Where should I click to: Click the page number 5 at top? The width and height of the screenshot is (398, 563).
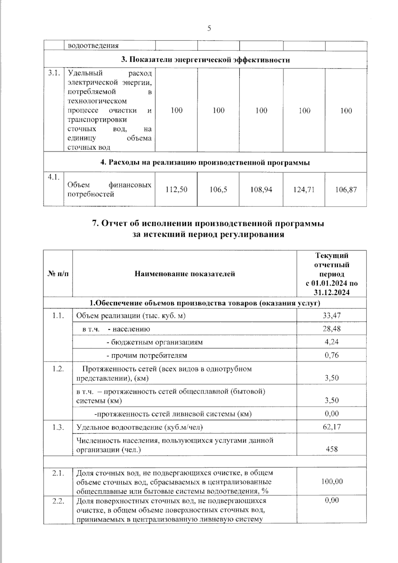(209, 28)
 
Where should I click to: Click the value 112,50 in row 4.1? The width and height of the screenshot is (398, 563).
(177, 189)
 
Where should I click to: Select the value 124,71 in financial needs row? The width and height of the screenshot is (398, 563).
(304, 190)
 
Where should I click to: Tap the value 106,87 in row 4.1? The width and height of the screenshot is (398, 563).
(346, 190)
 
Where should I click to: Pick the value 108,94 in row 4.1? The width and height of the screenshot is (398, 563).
(261, 190)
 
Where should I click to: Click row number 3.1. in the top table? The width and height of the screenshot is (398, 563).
(53, 73)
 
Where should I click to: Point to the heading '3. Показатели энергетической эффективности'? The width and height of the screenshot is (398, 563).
(205, 60)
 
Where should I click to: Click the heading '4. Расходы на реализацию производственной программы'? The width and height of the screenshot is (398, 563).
(205, 163)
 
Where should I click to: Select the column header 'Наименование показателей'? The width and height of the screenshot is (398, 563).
(185, 274)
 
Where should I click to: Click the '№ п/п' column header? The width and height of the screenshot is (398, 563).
(58, 274)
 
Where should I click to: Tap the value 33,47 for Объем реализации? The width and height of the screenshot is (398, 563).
(332, 316)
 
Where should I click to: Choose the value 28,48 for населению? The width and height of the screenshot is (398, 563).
(332, 329)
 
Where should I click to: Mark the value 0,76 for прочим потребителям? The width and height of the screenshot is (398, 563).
(332, 355)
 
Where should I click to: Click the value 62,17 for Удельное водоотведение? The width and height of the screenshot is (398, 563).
(332, 427)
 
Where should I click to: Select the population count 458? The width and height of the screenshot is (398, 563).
(332, 449)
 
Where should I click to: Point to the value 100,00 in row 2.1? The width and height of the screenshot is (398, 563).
(332, 481)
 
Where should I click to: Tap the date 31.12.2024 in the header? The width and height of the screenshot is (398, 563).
(332, 293)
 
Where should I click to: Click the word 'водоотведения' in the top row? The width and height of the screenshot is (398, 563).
(93, 46)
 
